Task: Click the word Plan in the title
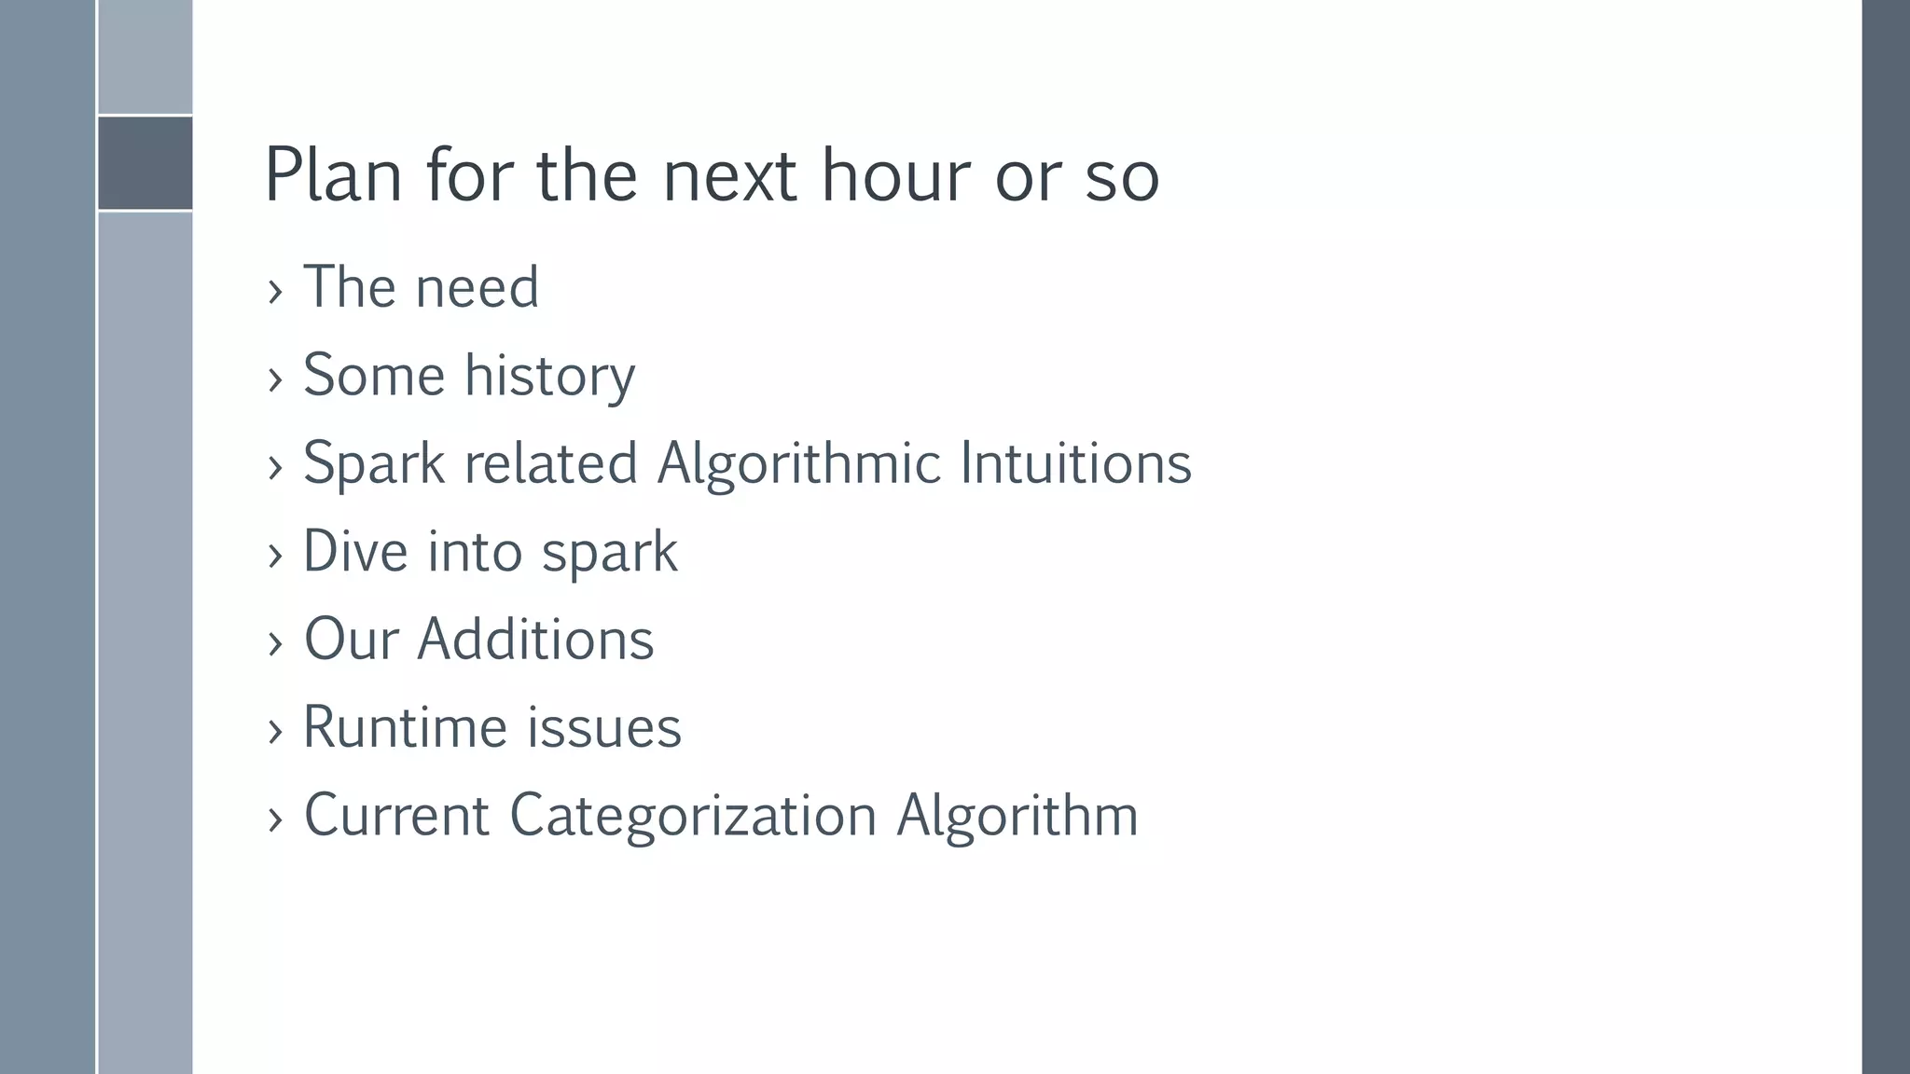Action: click(x=333, y=175)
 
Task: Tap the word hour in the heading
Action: click(x=895, y=175)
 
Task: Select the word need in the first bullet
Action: click(x=477, y=287)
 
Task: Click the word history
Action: click(x=549, y=376)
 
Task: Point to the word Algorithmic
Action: click(x=798, y=463)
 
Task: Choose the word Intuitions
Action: click(x=1075, y=463)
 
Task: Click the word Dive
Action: click(x=356, y=551)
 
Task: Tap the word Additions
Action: click(x=535, y=640)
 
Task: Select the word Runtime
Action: click(x=405, y=727)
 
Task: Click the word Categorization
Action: click(x=693, y=816)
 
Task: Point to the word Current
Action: click(x=396, y=816)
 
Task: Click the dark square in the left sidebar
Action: click(x=145, y=163)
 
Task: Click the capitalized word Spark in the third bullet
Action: click(x=374, y=463)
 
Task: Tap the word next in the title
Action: click(x=729, y=175)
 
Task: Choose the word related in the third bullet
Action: click(x=550, y=463)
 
